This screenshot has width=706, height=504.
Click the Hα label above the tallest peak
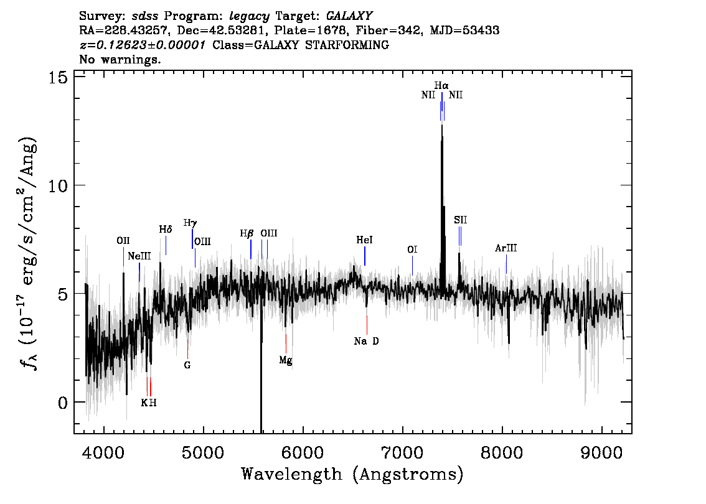pos(441,85)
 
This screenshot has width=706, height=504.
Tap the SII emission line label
pos(460,220)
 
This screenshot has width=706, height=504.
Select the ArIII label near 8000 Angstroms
pos(506,248)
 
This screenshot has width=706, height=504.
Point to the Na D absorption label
pos(366,341)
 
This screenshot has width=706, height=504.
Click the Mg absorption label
pos(285,360)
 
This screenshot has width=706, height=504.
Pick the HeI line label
pos(364,240)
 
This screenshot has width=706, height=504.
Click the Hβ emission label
pos(247,233)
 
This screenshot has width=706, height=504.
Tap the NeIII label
pos(139,256)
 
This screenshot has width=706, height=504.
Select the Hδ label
pos(165,230)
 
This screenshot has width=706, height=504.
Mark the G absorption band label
pos(187,365)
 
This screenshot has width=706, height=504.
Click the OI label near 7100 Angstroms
pos(412,250)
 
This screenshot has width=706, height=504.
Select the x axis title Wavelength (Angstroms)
pos(352,475)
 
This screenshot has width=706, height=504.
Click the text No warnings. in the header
pos(120,60)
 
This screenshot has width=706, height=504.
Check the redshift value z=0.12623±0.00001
pos(143,45)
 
